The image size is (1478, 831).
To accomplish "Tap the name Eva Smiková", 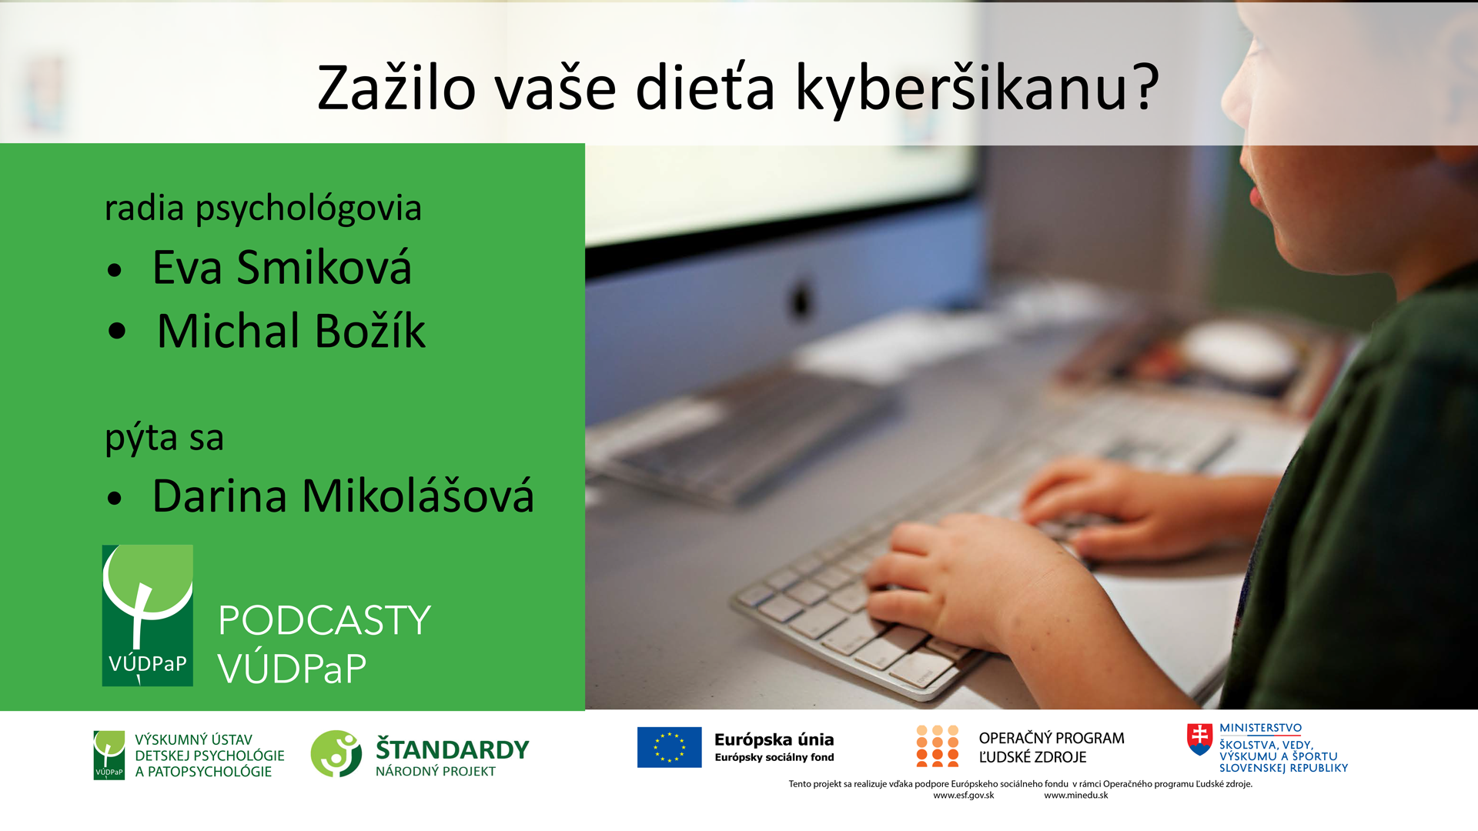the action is (x=282, y=268).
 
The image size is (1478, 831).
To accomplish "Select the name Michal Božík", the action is (x=291, y=331).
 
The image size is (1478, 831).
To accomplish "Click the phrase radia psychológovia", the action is (x=263, y=209).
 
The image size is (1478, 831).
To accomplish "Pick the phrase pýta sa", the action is (x=164, y=439).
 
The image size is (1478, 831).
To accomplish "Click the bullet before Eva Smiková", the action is (x=115, y=270).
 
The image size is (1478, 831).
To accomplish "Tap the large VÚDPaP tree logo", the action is (x=148, y=616).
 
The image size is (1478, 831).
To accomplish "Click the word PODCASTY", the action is (x=324, y=620).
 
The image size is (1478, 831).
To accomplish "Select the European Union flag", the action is (x=669, y=747).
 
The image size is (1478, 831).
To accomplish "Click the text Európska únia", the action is (x=774, y=739).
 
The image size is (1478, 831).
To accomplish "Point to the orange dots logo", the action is (x=937, y=746).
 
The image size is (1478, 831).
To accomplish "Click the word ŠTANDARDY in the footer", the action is (x=453, y=749).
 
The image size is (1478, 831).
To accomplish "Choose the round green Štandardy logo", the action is (x=336, y=753).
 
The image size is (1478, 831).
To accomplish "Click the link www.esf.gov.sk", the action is (x=964, y=796).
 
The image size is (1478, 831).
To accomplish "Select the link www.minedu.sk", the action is (x=1076, y=796).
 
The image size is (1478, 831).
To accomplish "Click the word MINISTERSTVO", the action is (x=1260, y=728).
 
